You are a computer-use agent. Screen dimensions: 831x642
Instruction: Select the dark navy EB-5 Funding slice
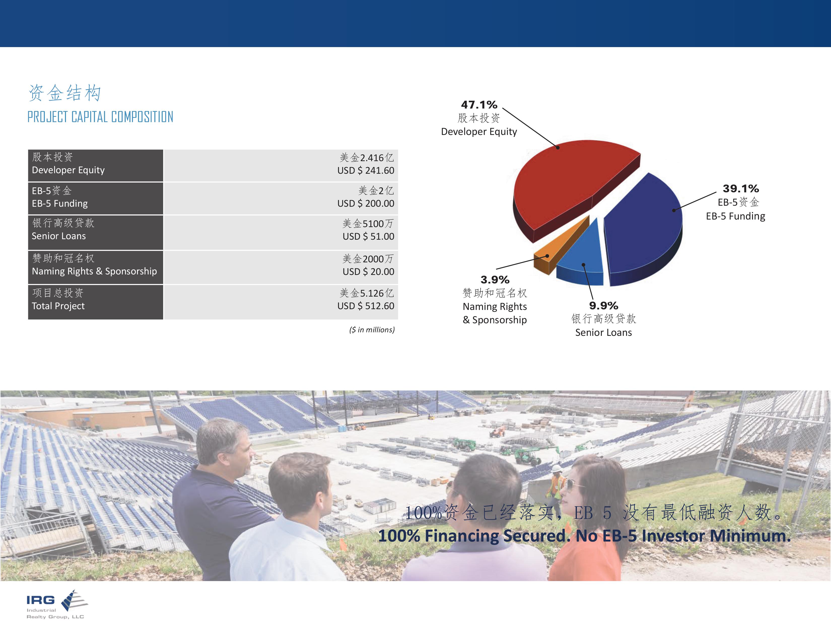[x=643, y=228]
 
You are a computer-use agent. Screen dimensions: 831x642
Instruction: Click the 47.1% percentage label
[x=479, y=104]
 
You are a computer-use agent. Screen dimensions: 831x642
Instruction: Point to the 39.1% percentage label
[x=740, y=189]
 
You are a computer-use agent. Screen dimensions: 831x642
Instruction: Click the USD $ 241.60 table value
[x=366, y=170]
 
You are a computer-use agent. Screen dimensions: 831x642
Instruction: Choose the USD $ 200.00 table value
[x=366, y=203]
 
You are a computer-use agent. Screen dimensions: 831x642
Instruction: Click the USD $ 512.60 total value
[x=366, y=306]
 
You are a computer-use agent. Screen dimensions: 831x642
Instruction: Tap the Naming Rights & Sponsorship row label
[x=94, y=271]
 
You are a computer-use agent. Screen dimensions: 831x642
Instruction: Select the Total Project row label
[x=58, y=306]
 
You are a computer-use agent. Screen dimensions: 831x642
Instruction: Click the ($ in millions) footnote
[x=372, y=330]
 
